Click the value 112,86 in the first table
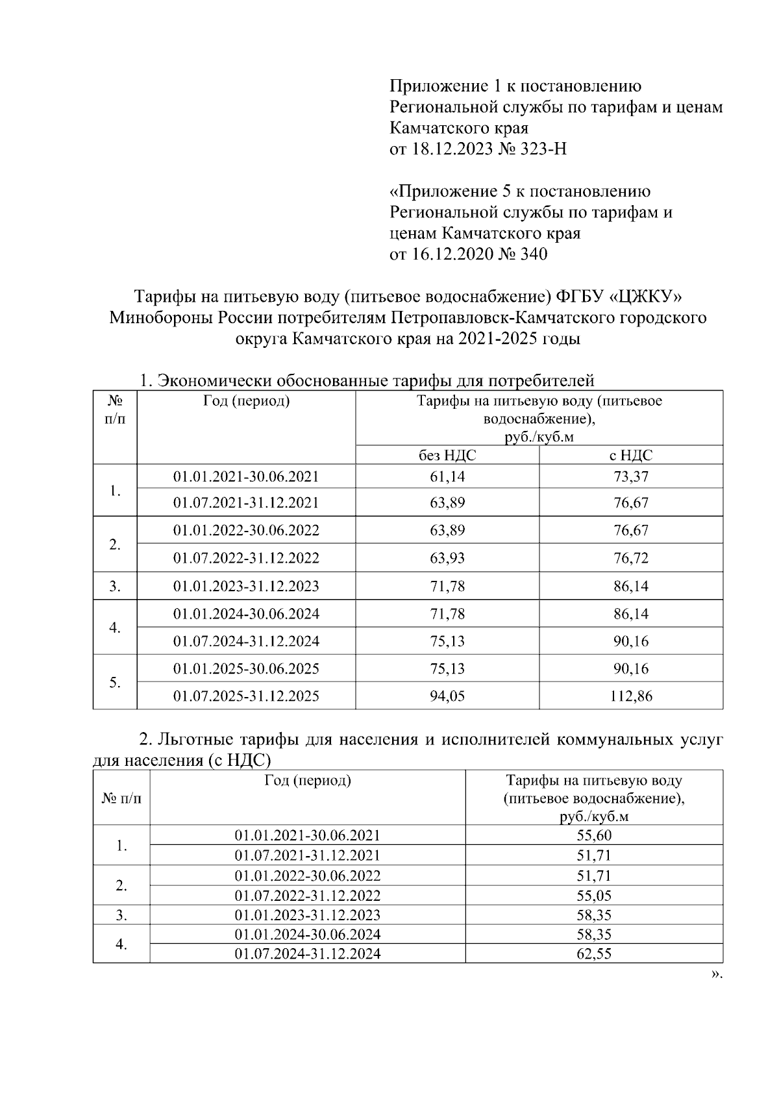[x=631, y=696]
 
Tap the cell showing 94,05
[x=447, y=696]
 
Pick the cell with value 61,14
[x=447, y=476]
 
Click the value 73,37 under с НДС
[x=631, y=476]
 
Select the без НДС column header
[x=447, y=455]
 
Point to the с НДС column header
[x=631, y=455]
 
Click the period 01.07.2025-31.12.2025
[x=246, y=696]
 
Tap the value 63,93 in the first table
[x=447, y=558]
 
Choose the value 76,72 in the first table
[x=631, y=558]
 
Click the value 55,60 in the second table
[x=594, y=835]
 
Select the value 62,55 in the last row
[x=594, y=953]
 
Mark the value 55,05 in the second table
[x=594, y=896]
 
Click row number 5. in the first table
[x=115, y=683]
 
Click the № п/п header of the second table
[x=121, y=798]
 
